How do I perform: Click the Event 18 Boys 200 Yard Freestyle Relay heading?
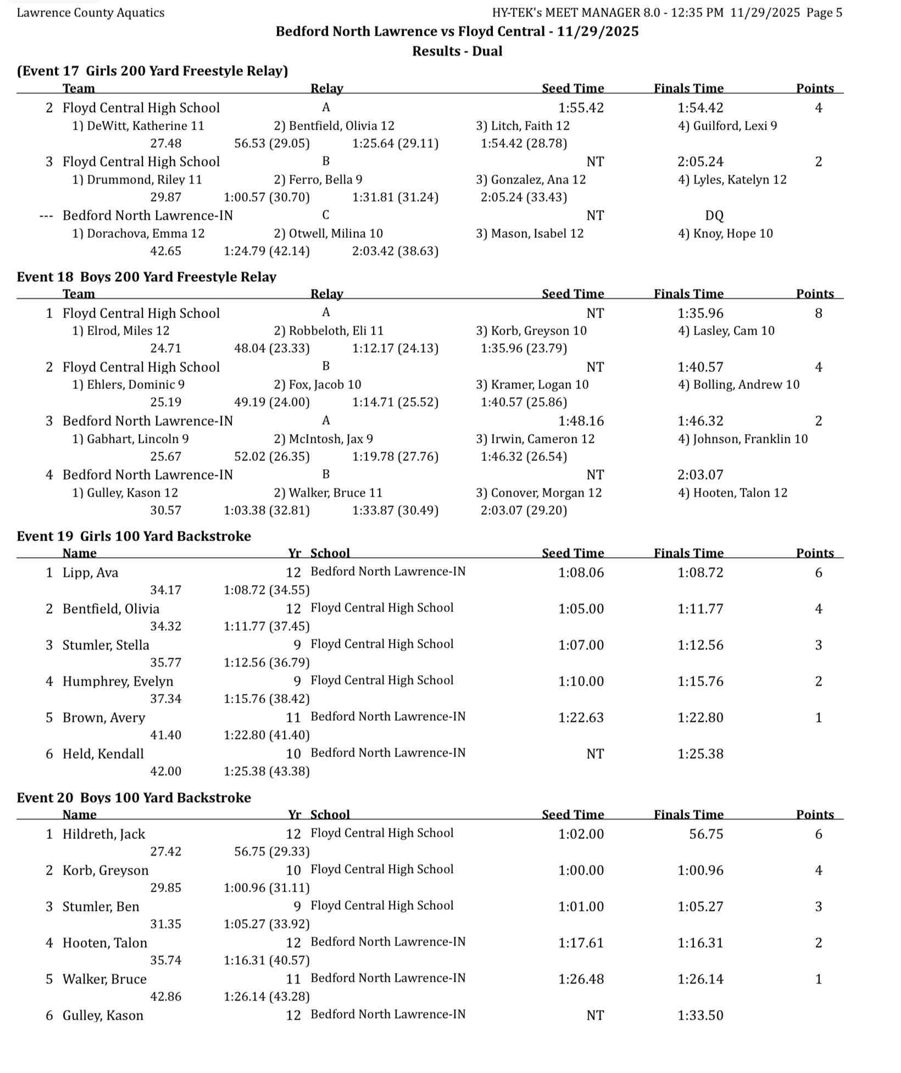click(x=146, y=276)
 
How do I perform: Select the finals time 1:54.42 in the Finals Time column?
click(x=700, y=108)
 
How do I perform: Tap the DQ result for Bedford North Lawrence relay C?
click(x=714, y=215)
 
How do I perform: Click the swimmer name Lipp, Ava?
click(x=90, y=572)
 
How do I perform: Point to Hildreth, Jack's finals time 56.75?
click(x=706, y=834)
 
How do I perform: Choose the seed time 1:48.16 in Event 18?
click(x=581, y=421)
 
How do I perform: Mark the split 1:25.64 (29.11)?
click(x=395, y=143)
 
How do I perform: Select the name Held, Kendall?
click(x=103, y=754)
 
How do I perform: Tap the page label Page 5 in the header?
click(x=824, y=13)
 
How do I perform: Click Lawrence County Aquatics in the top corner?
click(x=91, y=13)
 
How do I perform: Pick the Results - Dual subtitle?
click(x=457, y=51)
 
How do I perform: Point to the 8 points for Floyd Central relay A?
click(x=818, y=313)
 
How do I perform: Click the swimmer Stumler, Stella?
click(x=105, y=645)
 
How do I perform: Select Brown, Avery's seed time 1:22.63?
click(x=581, y=718)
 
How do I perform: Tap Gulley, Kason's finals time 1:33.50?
click(x=700, y=1015)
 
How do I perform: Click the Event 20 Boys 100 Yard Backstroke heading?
click(x=134, y=797)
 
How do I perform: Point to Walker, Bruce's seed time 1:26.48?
click(x=581, y=979)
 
